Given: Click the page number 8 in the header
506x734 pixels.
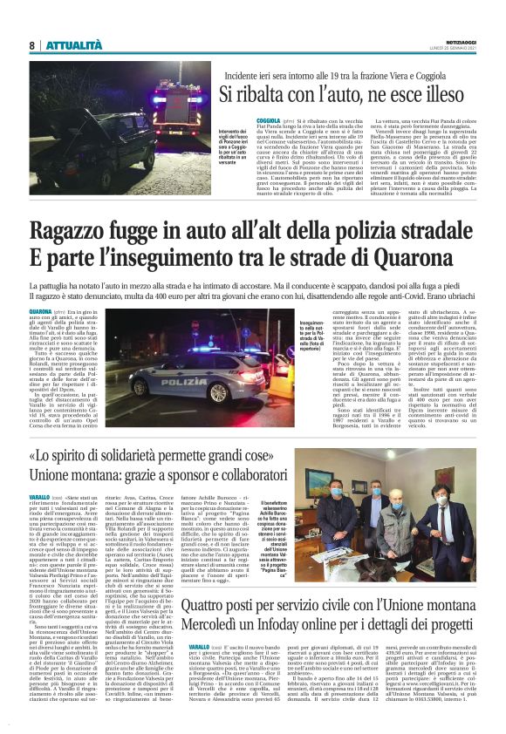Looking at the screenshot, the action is pos(31,44).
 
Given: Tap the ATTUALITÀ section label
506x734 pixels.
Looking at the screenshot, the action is pos(75,44).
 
